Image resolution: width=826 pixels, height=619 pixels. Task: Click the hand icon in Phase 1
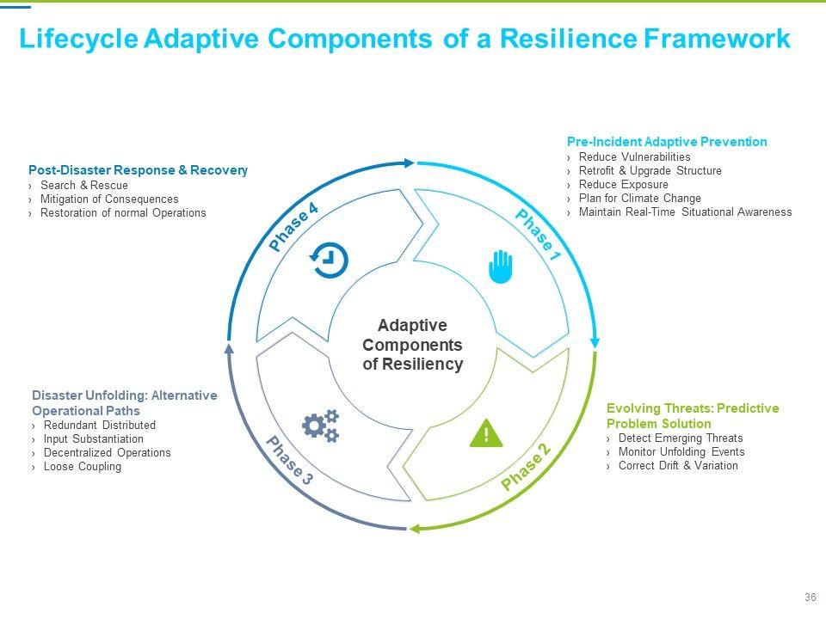click(x=501, y=267)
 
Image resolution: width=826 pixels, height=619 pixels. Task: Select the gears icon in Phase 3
click(x=321, y=426)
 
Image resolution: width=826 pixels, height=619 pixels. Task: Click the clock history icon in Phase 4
click(x=330, y=259)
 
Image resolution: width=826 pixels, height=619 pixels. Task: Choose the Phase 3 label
click(x=289, y=462)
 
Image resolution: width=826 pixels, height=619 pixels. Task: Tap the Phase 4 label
click(x=294, y=227)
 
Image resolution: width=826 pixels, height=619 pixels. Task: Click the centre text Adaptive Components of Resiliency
click(x=413, y=345)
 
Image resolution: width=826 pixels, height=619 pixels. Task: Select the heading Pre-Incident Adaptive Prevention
click(x=667, y=142)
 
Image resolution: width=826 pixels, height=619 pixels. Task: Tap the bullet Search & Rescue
click(x=84, y=186)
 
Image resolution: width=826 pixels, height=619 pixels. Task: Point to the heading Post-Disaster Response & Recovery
click(x=139, y=170)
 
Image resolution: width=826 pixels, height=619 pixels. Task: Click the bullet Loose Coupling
click(x=83, y=467)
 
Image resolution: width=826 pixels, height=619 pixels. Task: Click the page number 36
click(x=810, y=598)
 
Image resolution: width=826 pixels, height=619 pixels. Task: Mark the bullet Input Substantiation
click(x=94, y=439)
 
